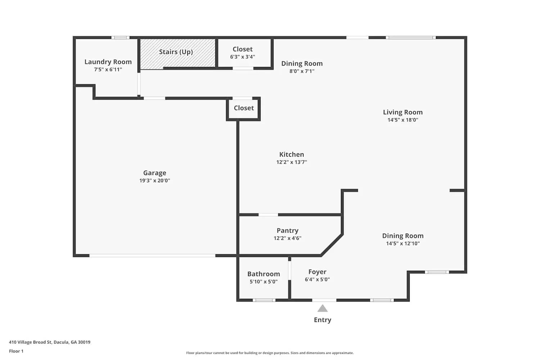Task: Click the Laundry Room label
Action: (x=108, y=62)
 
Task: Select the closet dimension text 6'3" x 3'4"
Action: (x=243, y=57)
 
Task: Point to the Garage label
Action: (x=154, y=173)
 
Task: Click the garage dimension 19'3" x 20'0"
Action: (x=154, y=181)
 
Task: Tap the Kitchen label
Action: (x=292, y=154)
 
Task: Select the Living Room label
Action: (x=402, y=112)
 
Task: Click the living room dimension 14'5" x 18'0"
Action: (x=402, y=120)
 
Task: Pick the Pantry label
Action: (x=287, y=230)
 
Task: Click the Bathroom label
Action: (x=264, y=274)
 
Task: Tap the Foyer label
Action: (x=317, y=272)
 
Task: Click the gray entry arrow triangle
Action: (x=323, y=309)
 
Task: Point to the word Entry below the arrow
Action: (x=323, y=320)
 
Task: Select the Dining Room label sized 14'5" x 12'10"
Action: (x=402, y=236)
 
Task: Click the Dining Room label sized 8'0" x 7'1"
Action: (x=302, y=64)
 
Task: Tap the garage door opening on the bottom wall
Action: (x=152, y=256)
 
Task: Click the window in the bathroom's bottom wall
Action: (x=264, y=300)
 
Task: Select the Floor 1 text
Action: (x=16, y=351)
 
